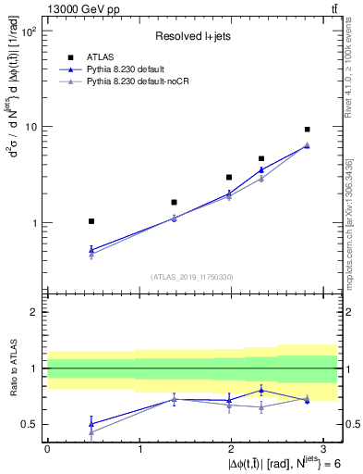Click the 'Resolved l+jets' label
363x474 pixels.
click(x=190, y=36)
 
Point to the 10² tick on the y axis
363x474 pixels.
click(x=29, y=31)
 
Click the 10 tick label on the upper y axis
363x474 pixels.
click(x=31, y=126)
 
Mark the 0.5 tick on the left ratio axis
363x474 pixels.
click(x=30, y=425)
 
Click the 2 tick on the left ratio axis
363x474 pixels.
click(x=33, y=312)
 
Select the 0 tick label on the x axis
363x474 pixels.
click(x=47, y=448)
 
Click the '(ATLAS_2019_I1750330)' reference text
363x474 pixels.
click(x=191, y=277)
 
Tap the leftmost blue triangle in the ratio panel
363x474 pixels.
click(x=91, y=423)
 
